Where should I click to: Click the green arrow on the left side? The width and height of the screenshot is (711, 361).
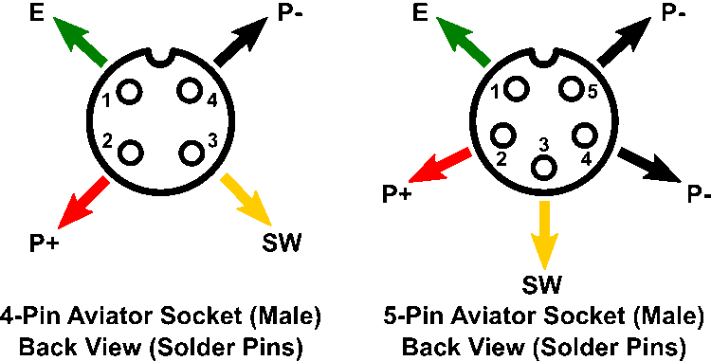(x=80, y=41)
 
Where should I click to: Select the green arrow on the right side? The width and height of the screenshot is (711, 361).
(x=463, y=41)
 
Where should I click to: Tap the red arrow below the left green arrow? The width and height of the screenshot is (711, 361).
(x=83, y=203)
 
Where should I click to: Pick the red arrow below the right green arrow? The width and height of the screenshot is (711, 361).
(x=440, y=165)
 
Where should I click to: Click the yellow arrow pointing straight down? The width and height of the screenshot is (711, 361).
(x=544, y=234)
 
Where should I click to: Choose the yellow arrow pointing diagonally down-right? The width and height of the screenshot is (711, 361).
(x=246, y=200)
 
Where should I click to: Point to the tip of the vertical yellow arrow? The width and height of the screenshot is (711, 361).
(x=544, y=269)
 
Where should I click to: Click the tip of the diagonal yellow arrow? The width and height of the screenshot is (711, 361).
(x=271, y=226)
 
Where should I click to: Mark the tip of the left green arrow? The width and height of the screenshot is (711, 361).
(x=54, y=17)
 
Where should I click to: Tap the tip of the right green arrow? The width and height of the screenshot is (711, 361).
(x=437, y=17)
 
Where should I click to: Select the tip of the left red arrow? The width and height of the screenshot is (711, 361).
(x=59, y=228)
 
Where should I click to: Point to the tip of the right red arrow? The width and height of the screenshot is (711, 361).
(x=409, y=182)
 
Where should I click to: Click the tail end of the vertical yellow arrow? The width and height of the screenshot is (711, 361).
(x=544, y=202)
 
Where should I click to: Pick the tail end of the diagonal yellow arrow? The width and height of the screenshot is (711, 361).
(x=224, y=177)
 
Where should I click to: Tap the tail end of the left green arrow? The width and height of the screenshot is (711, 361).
(x=104, y=63)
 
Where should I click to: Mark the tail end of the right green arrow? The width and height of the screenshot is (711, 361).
(x=487, y=63)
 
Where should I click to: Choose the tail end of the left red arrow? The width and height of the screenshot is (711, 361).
(x=106, y=179)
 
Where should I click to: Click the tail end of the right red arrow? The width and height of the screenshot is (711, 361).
(x=469, y=152)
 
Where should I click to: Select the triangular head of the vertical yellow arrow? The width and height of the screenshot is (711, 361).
(x=544, y=250)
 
